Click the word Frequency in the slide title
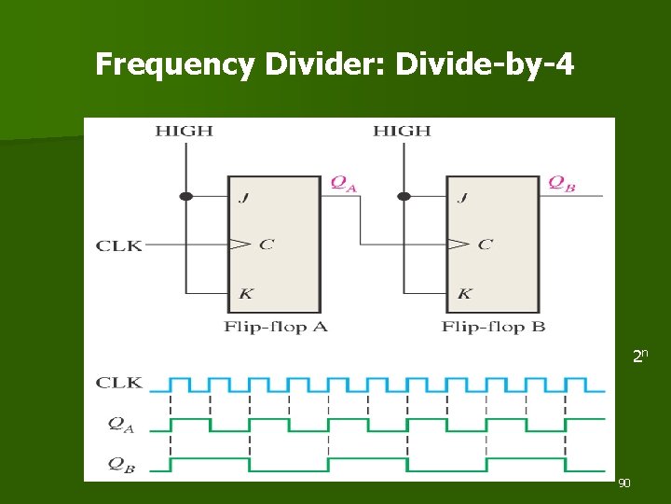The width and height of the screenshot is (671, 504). [174, 64]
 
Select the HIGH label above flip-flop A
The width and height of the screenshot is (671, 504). [184, 131]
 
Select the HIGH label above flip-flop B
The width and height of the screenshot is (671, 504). [402, 131]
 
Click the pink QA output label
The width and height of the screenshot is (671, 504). [344, 184]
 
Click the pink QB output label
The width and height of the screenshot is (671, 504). [561, 184]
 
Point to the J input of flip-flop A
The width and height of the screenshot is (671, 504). [244, 197]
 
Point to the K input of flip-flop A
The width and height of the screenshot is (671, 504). [245, 293]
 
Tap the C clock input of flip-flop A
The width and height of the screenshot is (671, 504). [266, 245]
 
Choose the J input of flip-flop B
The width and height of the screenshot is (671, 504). [462, 197]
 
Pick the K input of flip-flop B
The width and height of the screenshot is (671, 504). [464, 293]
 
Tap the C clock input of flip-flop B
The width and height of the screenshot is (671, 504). [485, 245]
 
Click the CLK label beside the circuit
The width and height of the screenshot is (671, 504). [119, 245]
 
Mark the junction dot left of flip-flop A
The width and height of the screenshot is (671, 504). [185, 196]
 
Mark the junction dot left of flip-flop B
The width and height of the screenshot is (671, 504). [404, 196]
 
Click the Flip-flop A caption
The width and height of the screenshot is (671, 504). [276, 327]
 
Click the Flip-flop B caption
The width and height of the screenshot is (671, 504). [493, 327]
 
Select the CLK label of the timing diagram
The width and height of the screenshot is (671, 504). [119, 383]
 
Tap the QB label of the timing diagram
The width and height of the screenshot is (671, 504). [121, 465]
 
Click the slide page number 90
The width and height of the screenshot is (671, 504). [624, 483]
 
